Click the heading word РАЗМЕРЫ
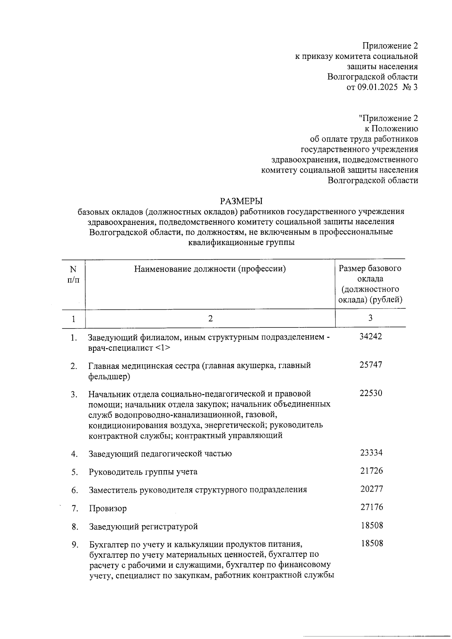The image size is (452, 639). point(241,200)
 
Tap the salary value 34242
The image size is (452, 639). point(371,336)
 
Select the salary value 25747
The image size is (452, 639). point(371,365)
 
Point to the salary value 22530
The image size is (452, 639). point(371,393)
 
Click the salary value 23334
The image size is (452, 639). point(371,452)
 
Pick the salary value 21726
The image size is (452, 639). point(371,471)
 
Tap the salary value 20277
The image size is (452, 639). point(371,489)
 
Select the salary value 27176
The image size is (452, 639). point(371,507)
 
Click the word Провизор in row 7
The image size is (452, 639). point(108,509)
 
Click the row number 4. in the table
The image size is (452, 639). point(74,454)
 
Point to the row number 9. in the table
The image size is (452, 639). point(75,545)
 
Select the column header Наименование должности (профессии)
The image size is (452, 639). point(210,269)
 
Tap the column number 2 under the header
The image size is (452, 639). point(211,319)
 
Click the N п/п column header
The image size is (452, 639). point(73,274)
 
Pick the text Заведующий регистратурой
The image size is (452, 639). point(143,527)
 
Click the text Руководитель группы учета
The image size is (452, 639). point(143,472)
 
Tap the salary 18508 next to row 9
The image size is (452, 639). point(371,543)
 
